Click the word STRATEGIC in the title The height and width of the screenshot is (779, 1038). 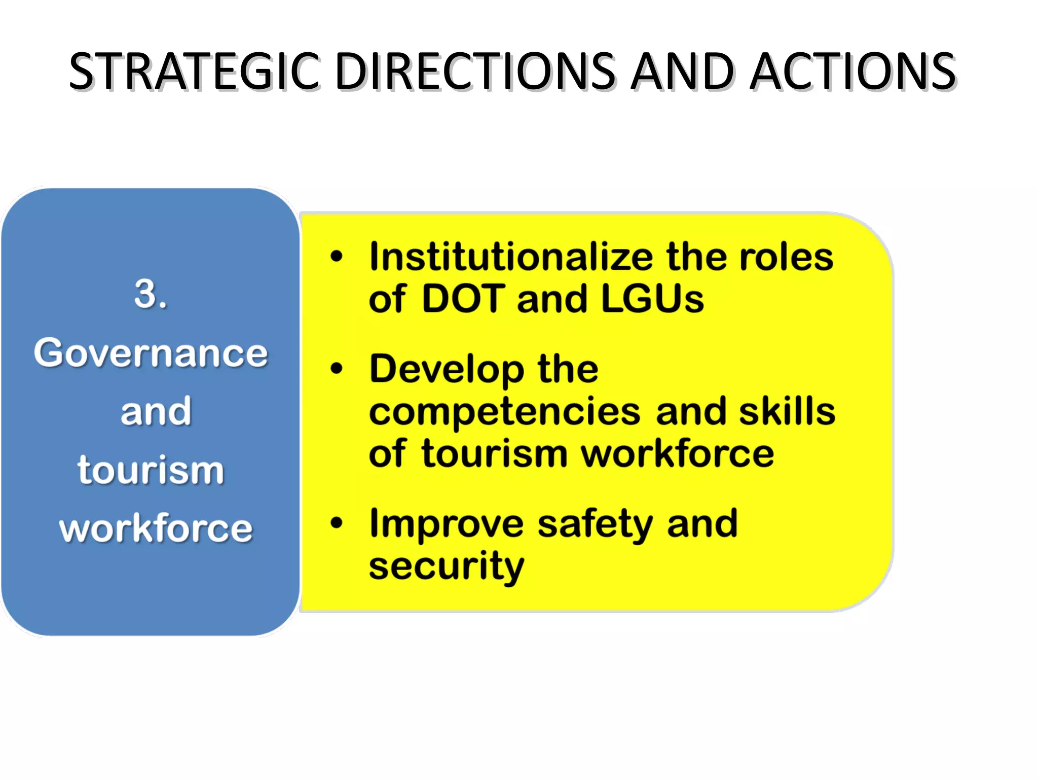tap(195, 72)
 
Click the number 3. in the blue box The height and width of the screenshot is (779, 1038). tap(151, 294)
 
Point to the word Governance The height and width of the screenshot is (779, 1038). tap(151, 353)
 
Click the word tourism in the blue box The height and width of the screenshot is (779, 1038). tap(151, 470)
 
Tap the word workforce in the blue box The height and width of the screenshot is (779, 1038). tap(156, 528)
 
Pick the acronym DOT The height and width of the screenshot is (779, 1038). tap(463, 299)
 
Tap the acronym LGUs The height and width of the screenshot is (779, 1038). tap(652, 299)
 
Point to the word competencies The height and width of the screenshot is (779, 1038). tap(505, 412)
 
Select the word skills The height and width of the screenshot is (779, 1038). tap(787, 411)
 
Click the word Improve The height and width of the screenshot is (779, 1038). tap(447, 524)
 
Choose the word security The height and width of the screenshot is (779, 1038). tap(447, 567)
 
